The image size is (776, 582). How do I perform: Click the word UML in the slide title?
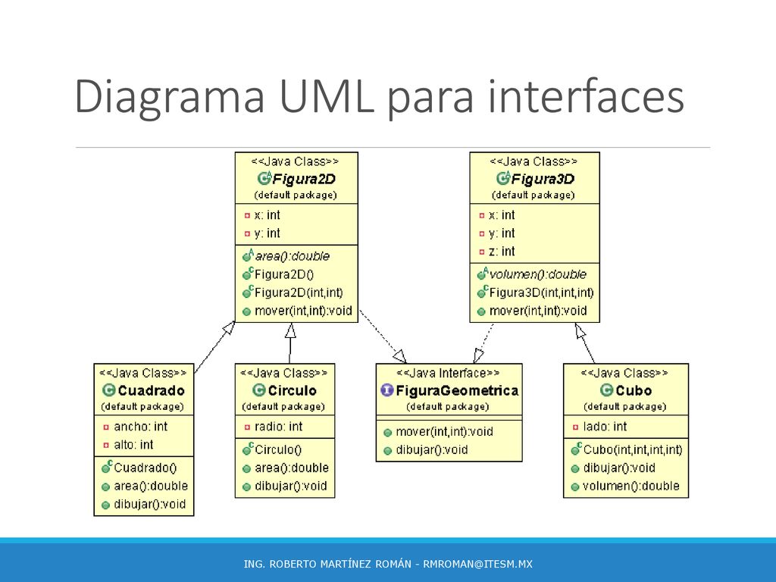326,96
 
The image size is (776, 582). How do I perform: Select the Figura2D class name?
304,179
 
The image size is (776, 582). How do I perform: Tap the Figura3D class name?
543,179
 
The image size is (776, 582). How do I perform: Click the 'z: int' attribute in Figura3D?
502,252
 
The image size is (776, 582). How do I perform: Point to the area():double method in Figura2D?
292,256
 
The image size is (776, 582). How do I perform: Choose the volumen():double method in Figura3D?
537,274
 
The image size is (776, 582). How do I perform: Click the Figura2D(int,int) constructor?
299,293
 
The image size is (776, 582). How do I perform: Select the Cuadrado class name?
151,390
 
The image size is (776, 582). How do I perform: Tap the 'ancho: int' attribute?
140,427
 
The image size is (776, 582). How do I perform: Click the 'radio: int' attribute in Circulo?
278,427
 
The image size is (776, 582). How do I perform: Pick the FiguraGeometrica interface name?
457,390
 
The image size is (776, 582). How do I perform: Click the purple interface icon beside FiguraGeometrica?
387,390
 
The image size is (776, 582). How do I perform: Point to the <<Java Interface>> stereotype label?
448,373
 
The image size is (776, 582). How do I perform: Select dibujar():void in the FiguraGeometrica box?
431,450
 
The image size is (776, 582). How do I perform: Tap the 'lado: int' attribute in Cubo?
605,427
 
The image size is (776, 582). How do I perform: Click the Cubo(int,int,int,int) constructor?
633,449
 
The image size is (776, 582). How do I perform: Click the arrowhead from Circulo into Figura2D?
290,330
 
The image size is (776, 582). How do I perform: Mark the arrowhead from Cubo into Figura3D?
580,330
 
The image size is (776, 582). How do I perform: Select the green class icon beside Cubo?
606,390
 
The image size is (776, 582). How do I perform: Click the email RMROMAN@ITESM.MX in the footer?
477,564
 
